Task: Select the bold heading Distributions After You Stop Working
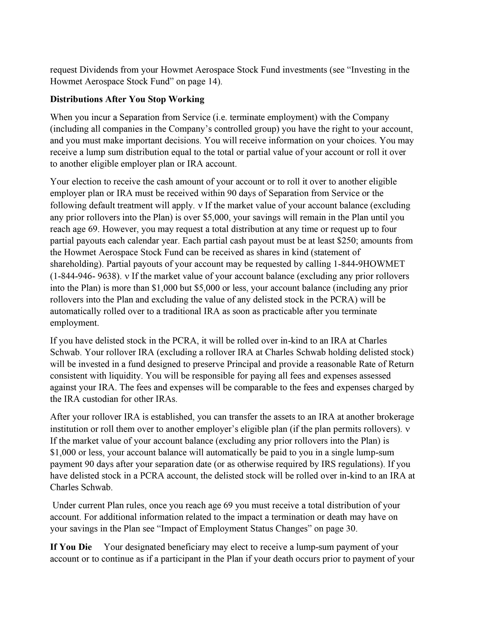(127, 99)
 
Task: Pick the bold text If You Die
(71, 547)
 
